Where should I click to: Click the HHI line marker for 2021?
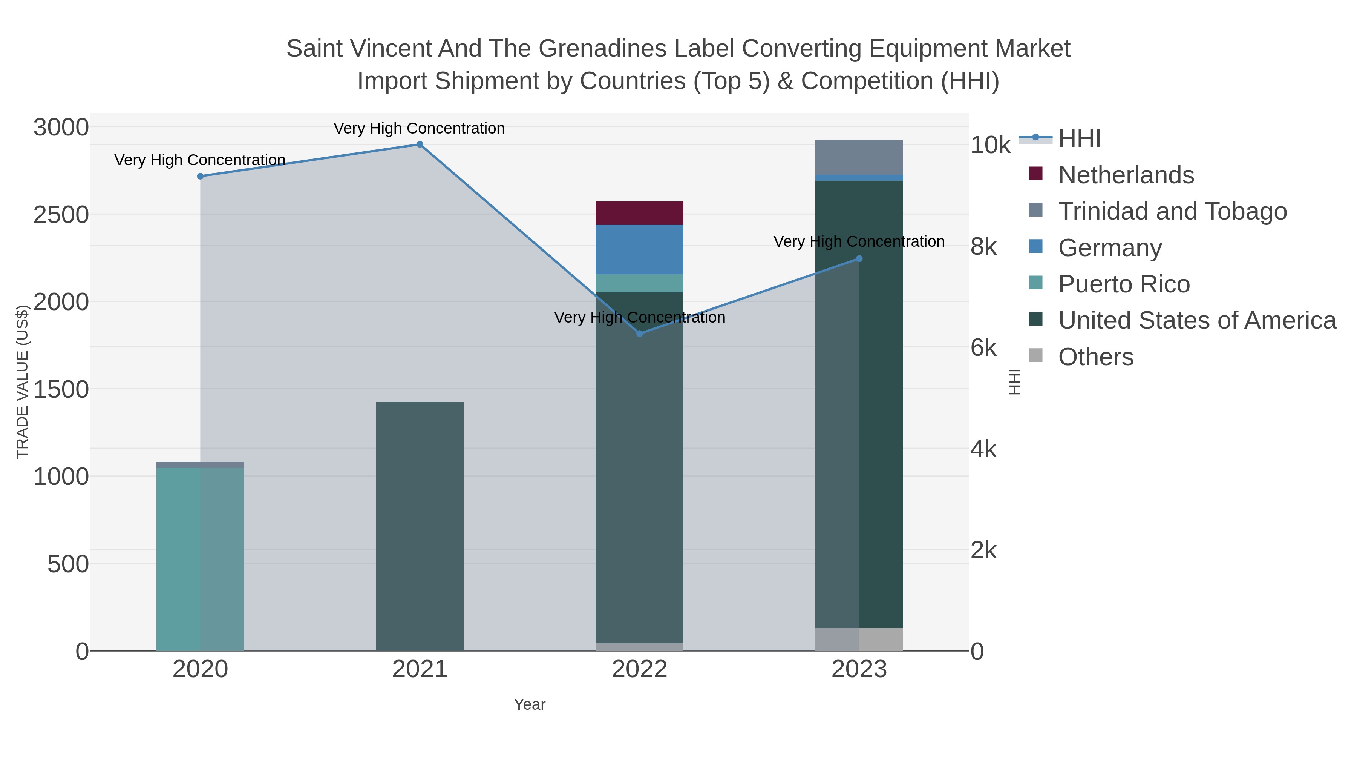(x=420, y=144)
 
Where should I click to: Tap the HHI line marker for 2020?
(x=200, y=176)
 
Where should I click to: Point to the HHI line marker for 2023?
(x=859, y=259)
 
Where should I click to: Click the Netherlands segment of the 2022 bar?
(x=640, y=214)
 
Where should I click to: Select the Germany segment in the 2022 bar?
(x=640, y=250)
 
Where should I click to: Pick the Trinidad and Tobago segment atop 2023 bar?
(x=859, y=157)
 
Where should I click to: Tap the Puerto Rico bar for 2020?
(x=200, y=559)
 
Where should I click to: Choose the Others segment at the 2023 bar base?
(x=859, y=639)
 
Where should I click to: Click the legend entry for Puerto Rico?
(x=1124, y=284)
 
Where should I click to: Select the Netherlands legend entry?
(x=1126, y=175)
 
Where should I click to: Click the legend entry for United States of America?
(x=1197, y=321)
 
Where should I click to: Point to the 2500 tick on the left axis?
(x=61, y=215)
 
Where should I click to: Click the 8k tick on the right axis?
(x=983, y=247)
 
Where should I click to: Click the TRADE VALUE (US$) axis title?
(x=22, y=382)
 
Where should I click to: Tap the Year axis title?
(x=530, y=704)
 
